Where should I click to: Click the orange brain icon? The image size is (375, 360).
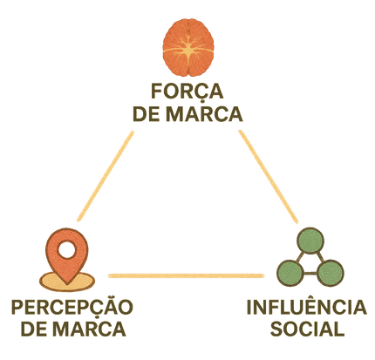point(188,48)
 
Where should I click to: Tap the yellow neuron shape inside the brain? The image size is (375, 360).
point(188,51)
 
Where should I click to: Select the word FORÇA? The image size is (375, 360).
point(187,92)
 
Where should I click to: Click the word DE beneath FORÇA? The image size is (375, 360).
point(147,113)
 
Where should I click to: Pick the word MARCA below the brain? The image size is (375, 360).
point(204,113)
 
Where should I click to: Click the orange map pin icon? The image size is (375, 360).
point(67,255)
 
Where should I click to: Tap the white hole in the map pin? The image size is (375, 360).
point(67,249)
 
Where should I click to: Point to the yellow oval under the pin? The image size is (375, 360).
point(67,282)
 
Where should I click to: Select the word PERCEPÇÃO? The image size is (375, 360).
point(72,307)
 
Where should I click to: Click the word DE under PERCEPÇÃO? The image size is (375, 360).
point(34,329)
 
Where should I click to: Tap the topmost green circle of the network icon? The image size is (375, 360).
point(310,241)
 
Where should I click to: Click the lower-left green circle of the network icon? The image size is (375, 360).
point(290,273)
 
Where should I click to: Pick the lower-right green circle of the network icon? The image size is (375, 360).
point(331,273)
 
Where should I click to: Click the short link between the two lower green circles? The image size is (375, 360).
point(310,273)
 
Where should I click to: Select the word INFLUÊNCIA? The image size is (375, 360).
point(307,307)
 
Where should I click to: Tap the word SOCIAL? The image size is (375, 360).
point(308,329)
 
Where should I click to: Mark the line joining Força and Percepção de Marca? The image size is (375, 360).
point(106,176)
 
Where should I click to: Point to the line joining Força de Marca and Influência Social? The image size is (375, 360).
point(269,177)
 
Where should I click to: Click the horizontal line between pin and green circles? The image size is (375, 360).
point(186,275)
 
